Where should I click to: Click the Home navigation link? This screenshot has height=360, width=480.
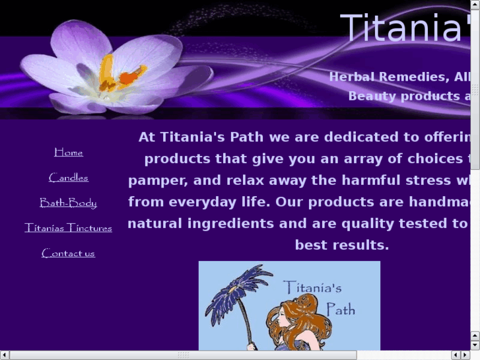pyautogui.click(x=69, y=153)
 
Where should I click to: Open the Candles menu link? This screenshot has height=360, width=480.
pyautogui.click(x=69, y=178)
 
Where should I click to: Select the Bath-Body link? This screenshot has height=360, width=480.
pyautogui.click(x=69, y=203)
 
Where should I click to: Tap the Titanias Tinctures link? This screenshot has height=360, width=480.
pyautogui.click(x=69, y=228)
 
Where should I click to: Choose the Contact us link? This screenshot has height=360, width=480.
pyautogui.click(x=69, y=253)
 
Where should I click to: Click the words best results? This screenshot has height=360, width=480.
pyautogui.click(x=342, y=245)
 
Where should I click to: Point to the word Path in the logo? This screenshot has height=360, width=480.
pyautogui.click(x=340, y=308)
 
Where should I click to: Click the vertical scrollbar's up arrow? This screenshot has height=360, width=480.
pyautogui.click(x=475, y=5)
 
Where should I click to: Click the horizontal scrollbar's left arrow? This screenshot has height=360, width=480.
pyautogui.click(x=5, y=355)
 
